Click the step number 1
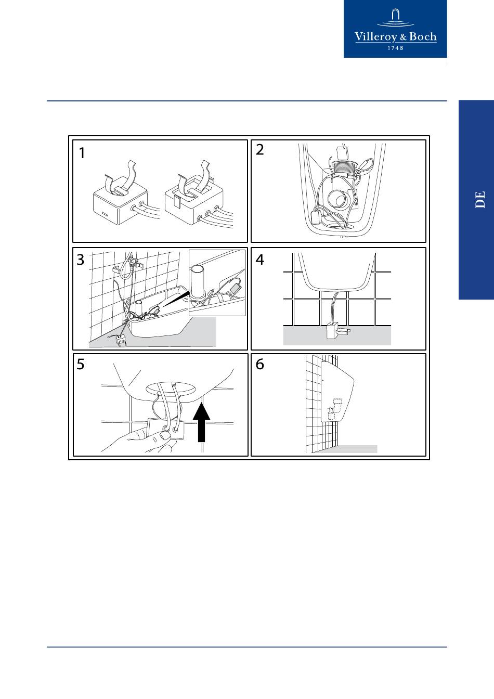(x=82, y=153)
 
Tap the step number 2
(x=259, y=149)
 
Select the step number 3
(x=81, y=260)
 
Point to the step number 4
(x=259, y=260)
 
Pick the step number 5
(x=81, y=364)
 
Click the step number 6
(x=259, y=364)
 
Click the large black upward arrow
(x=202, y=422)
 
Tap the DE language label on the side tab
(x=480, y=199)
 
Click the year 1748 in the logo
(x=395, y=48)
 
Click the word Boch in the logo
(x=423, y=37)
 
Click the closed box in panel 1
(x=121, y=200)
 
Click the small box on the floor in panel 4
(x=333, y=331)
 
